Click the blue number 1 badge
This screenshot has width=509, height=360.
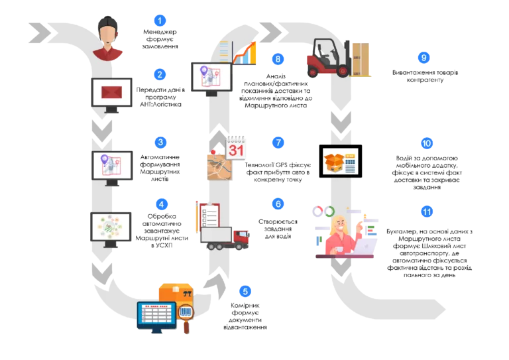[x=159, y=20]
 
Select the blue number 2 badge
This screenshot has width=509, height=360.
[x=159, y=74]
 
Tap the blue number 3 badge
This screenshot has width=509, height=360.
[x=160, y=142]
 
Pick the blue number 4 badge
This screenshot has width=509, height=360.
[x=161, y=204]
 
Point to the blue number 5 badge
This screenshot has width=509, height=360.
[x=245, y=291]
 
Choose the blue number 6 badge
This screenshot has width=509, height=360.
[x=278, y=204]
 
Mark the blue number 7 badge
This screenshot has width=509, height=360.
[x=278, y=142]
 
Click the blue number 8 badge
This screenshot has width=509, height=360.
[x=278, y=59]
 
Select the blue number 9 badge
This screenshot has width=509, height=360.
[x=424, y=58]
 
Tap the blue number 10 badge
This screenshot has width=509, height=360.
[x=427, y=143]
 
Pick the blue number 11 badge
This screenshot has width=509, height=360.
[x=427, y=211]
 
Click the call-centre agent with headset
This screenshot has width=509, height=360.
[x=107, y=38]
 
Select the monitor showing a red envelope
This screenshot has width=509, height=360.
[x=111, y=93]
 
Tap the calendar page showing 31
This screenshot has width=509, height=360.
[x=237, y=148]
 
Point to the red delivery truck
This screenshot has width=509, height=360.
[x=225, y=237]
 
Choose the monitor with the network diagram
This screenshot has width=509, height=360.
[x=111, y=227]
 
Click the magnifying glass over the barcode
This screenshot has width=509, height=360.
[x=186, y=314]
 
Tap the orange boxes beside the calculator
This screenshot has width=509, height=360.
[x=333, y=161]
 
